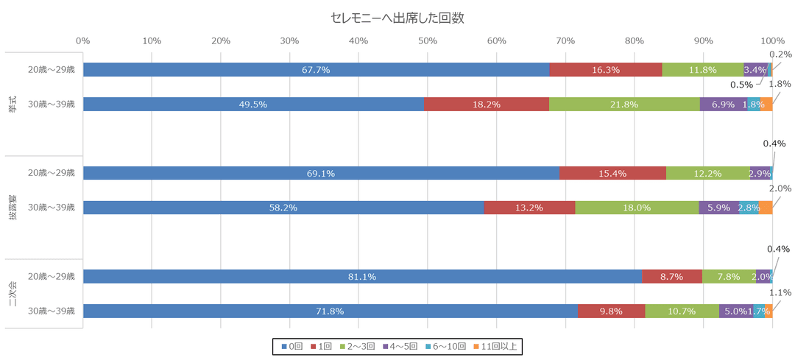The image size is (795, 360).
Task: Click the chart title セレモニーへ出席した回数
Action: (x=397, y=18)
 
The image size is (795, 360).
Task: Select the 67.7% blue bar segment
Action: (x=316, y=70)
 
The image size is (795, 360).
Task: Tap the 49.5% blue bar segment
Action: (x=253, y=105)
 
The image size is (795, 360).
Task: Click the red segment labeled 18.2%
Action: (x=487, y=105)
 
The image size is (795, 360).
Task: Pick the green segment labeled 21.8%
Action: (x=624, y=105)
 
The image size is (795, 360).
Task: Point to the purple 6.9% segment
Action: (x=723, y=105)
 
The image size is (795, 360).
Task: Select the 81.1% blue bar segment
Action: (x=362, y=277)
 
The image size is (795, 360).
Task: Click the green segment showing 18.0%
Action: (x=637, y=208)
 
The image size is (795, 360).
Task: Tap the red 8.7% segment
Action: (x=672, y=277)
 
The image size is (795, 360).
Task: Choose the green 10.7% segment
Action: (x=682, y=311)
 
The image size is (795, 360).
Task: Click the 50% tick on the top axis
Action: (x=427, y=40)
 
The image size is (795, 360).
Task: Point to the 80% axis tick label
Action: (x=634, y=40)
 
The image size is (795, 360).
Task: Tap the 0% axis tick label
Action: (x=83, y=40)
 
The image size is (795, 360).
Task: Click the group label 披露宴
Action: (x=13, y=208)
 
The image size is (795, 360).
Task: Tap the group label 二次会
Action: (x=13, y=294)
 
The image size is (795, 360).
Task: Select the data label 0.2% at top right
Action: (x=780, y=54)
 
